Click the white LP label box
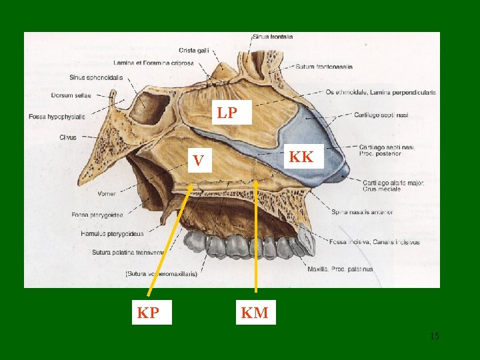coord(227,113)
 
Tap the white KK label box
coord(302,157)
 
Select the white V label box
coord(198,161)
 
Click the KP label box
coord(147,312)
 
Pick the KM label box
coord(255,312)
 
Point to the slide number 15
coord(434,337)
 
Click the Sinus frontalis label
coord(272,36)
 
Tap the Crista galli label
coord(194,50)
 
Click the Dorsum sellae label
coord(71,95)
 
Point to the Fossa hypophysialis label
coord(57,117)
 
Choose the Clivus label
coord(67,137)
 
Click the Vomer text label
coord(107,194)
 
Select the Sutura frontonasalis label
coord(325,67)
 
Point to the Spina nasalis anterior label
coord(362,212)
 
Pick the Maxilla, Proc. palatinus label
coord(341,269)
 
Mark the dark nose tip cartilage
coord(341,172)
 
